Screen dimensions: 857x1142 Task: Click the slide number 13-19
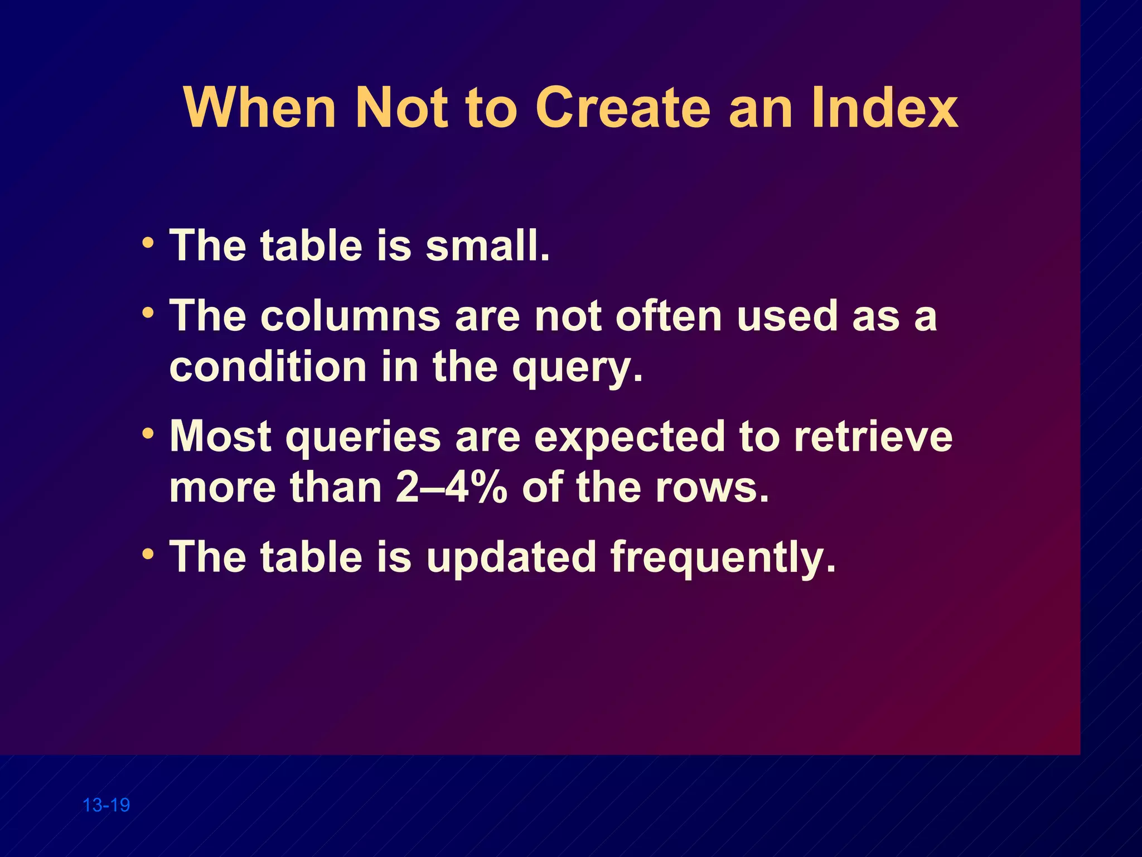click(106, 805)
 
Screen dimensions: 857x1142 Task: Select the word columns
click(350, 316)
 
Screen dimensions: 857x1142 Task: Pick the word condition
click(268, 367)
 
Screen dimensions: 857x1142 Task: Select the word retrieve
click(873, 436)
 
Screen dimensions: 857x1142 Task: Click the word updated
click(511, 557)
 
